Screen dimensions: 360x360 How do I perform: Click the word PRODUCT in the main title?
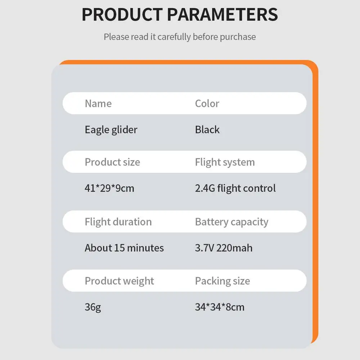pos(122,14)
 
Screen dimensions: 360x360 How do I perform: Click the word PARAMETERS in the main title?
pos(222,14)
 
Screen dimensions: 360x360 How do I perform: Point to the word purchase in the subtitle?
pos(238,37)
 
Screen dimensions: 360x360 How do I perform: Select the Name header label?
pos(98,104)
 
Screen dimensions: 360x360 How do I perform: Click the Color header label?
pos(207,104)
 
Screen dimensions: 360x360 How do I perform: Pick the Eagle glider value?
pos(111,130)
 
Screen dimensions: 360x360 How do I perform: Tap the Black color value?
pos(207,130)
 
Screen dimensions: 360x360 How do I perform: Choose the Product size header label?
pos(112,162)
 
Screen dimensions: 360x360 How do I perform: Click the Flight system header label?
pos(225,162)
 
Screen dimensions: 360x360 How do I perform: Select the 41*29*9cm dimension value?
pos(109,188)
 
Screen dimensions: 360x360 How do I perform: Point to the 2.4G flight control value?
pos(235,188)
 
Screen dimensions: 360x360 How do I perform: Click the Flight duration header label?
pos(118,222)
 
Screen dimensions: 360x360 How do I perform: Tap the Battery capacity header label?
pos(231,222)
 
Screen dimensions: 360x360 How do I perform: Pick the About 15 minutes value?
pos(124,248)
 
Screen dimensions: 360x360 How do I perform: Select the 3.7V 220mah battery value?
pos(224,248)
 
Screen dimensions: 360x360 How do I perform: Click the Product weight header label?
pos(120,281)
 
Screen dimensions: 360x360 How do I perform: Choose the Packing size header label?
pos(222,281)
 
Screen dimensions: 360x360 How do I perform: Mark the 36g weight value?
pos(93,307)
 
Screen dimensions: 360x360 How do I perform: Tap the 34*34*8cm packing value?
pos(220,307)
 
